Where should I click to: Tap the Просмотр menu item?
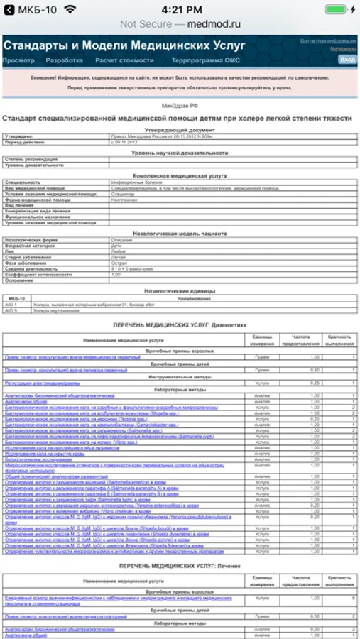tap(18, 60)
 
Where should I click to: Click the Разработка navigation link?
tap(64, 60)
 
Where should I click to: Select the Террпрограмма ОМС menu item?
tap(197, 60)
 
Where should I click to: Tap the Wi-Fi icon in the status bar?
tap(69, 10)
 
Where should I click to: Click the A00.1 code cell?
tap(11, 305)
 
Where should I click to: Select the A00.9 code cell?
tap(11, 310)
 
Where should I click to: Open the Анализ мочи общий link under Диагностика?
tap(26, 401)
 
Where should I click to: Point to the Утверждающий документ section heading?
tap(180, 130)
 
